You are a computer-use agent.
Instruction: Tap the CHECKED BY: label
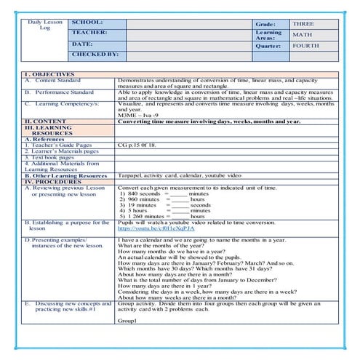95,54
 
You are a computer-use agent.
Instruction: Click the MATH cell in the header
300,34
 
